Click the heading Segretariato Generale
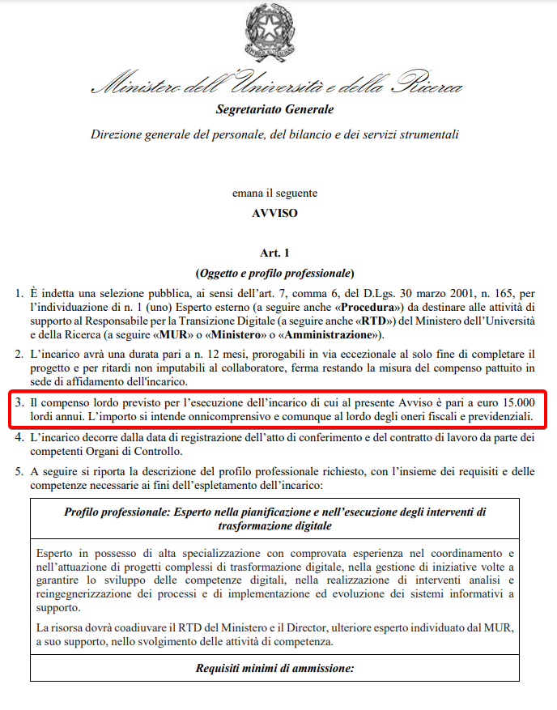click(274, 109)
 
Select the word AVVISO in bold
click(274, 214)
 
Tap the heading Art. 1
click(274, 254)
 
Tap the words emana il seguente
click(274, 193)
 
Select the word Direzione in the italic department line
click(118, 134)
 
